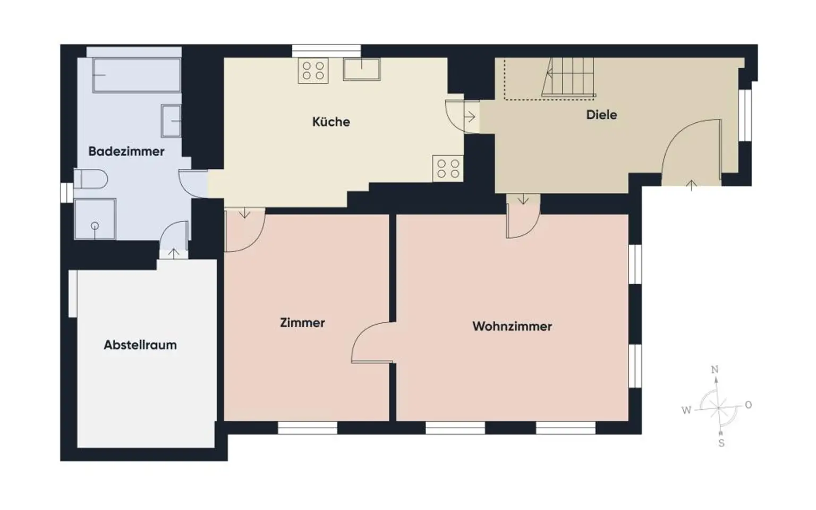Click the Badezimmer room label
[126, 151]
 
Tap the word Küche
[331, 122]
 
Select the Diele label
[601, 115]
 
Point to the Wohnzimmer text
[512, 326]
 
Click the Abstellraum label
[140, 345]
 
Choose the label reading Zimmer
[302, 322]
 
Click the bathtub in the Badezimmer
[137, 74]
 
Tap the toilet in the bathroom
[90, 179]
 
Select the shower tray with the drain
[95, 219]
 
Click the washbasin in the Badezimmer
[171, 121]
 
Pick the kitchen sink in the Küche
[362, 69]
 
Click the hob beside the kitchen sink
[313, 71]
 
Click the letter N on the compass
[715, 370]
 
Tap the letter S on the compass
[721, 443]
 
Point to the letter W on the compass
[686, 410]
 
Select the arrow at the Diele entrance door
[691, 185]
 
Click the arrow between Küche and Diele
[470, 116]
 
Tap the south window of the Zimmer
[308, 428]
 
